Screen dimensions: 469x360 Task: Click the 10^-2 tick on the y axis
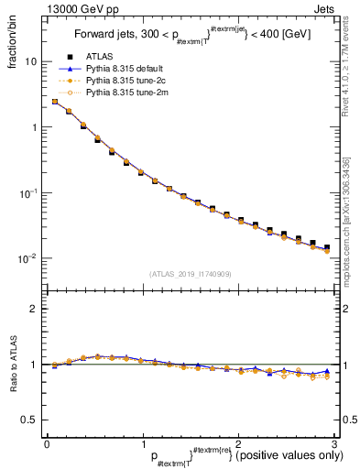(27, 258)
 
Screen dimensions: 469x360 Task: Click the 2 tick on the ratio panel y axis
(34, 309)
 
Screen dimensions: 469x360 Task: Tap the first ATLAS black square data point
(55, 103)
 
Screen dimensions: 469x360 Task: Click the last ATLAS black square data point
(326, 247)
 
